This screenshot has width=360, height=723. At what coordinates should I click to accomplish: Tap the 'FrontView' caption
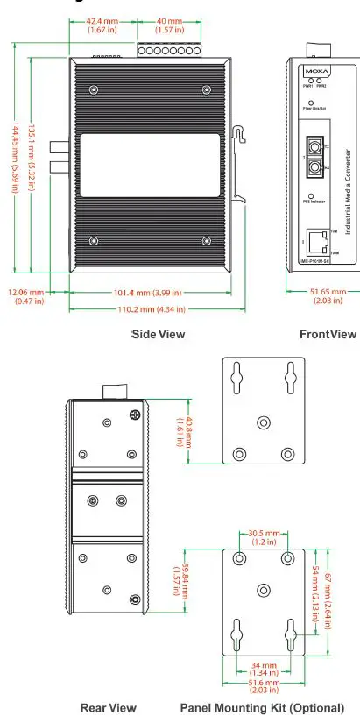328,334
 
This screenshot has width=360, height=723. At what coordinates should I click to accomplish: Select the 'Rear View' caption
108,707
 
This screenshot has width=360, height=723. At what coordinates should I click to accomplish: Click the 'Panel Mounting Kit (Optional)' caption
262,707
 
